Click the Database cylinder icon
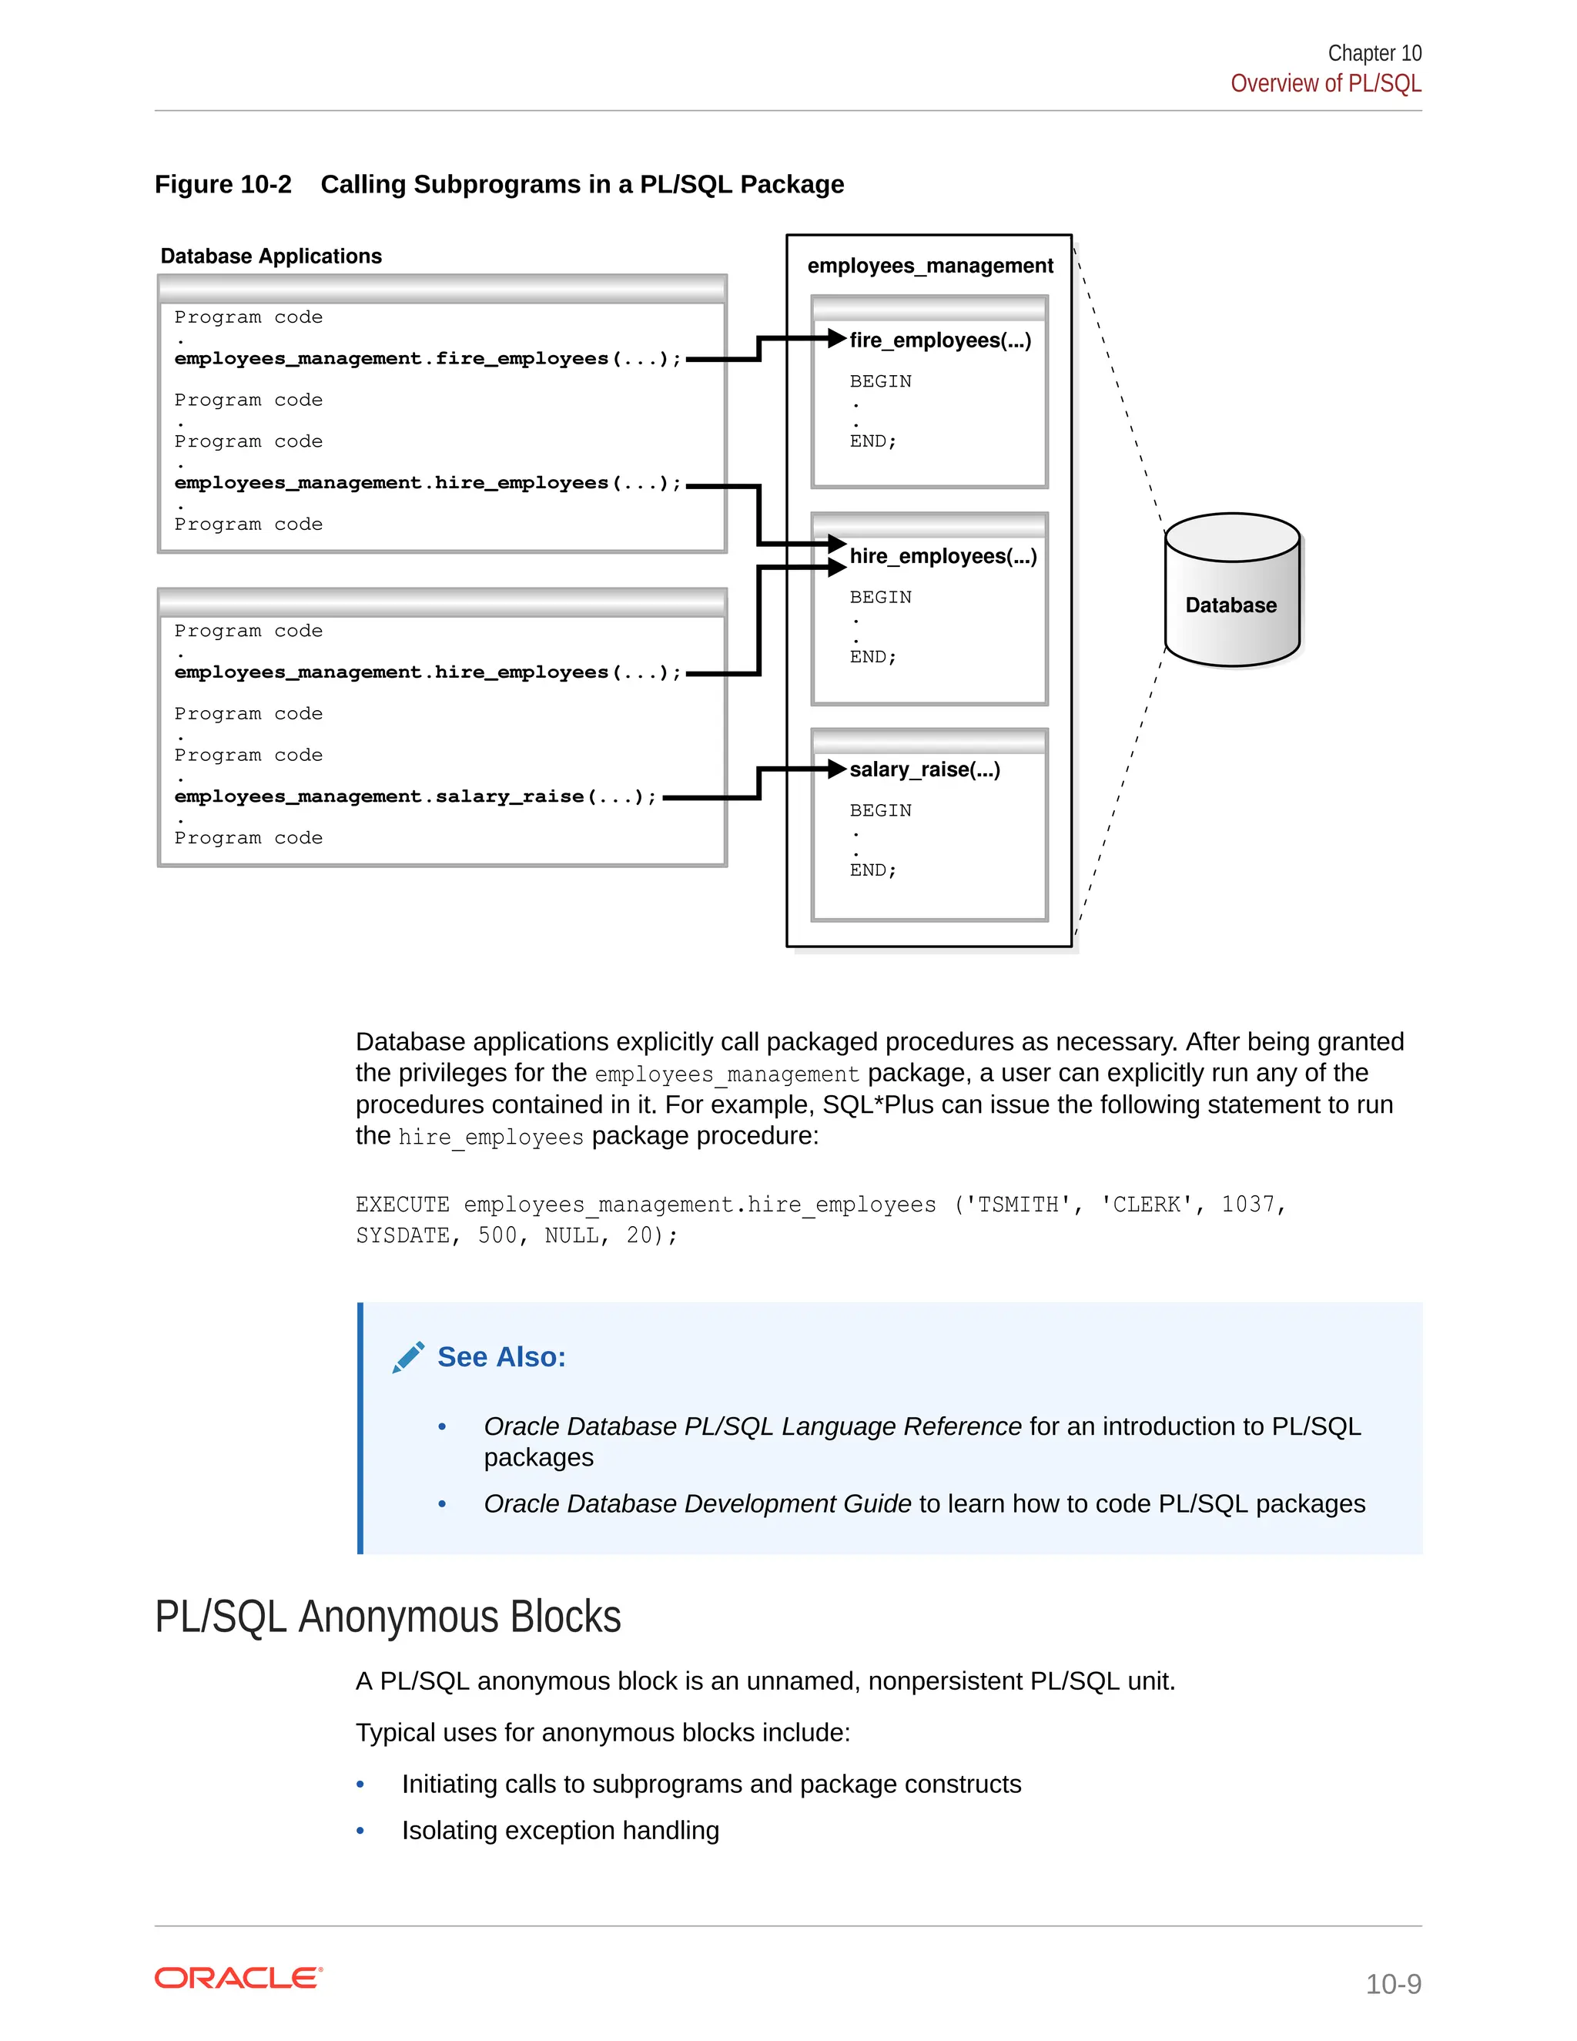coord(1231,591)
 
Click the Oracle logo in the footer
coord(238,1979)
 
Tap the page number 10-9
coord(1392,1983)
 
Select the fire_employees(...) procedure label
coord(940,340)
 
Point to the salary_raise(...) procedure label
coord(924,769)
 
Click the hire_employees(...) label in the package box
coord(943,556)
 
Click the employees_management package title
coord(929,266)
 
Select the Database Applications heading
coord(271,256)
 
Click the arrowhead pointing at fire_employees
coord(836,338)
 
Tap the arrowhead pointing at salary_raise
coord(836,769)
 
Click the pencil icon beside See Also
coord(408,1357)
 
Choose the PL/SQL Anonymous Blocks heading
coord(388,1617)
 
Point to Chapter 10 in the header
coord(1374,53)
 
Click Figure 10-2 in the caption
coord(223,184)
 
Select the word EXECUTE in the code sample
coord(402,1205)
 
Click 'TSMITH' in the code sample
coord(1017,1205)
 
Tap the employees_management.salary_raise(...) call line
coord(416,796)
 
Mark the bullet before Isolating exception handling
coord(360,1831)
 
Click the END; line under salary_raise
coord(872,870)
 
